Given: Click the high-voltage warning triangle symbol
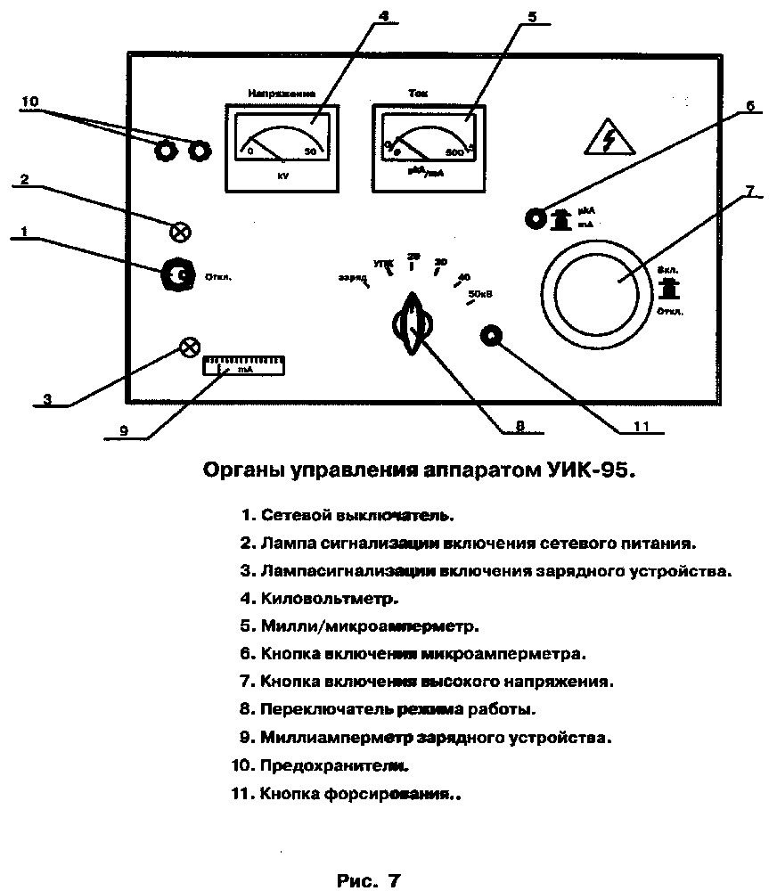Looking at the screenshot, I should coord(609,138).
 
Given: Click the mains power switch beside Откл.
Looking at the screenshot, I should coord(177,277).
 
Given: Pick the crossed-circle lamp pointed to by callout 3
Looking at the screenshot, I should coord(190,347).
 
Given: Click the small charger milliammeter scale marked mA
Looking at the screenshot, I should coord(243,366).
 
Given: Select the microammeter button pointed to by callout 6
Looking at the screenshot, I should coord(536,218).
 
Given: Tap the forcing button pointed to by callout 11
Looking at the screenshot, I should coord(492,337).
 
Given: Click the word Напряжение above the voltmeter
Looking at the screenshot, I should coord(282,93).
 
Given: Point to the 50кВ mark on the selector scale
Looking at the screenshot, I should coord(479,293).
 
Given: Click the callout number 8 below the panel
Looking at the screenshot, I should coord(520,426).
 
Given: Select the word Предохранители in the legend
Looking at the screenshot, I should coord(334,764).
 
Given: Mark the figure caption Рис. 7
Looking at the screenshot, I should coord(369,880).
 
